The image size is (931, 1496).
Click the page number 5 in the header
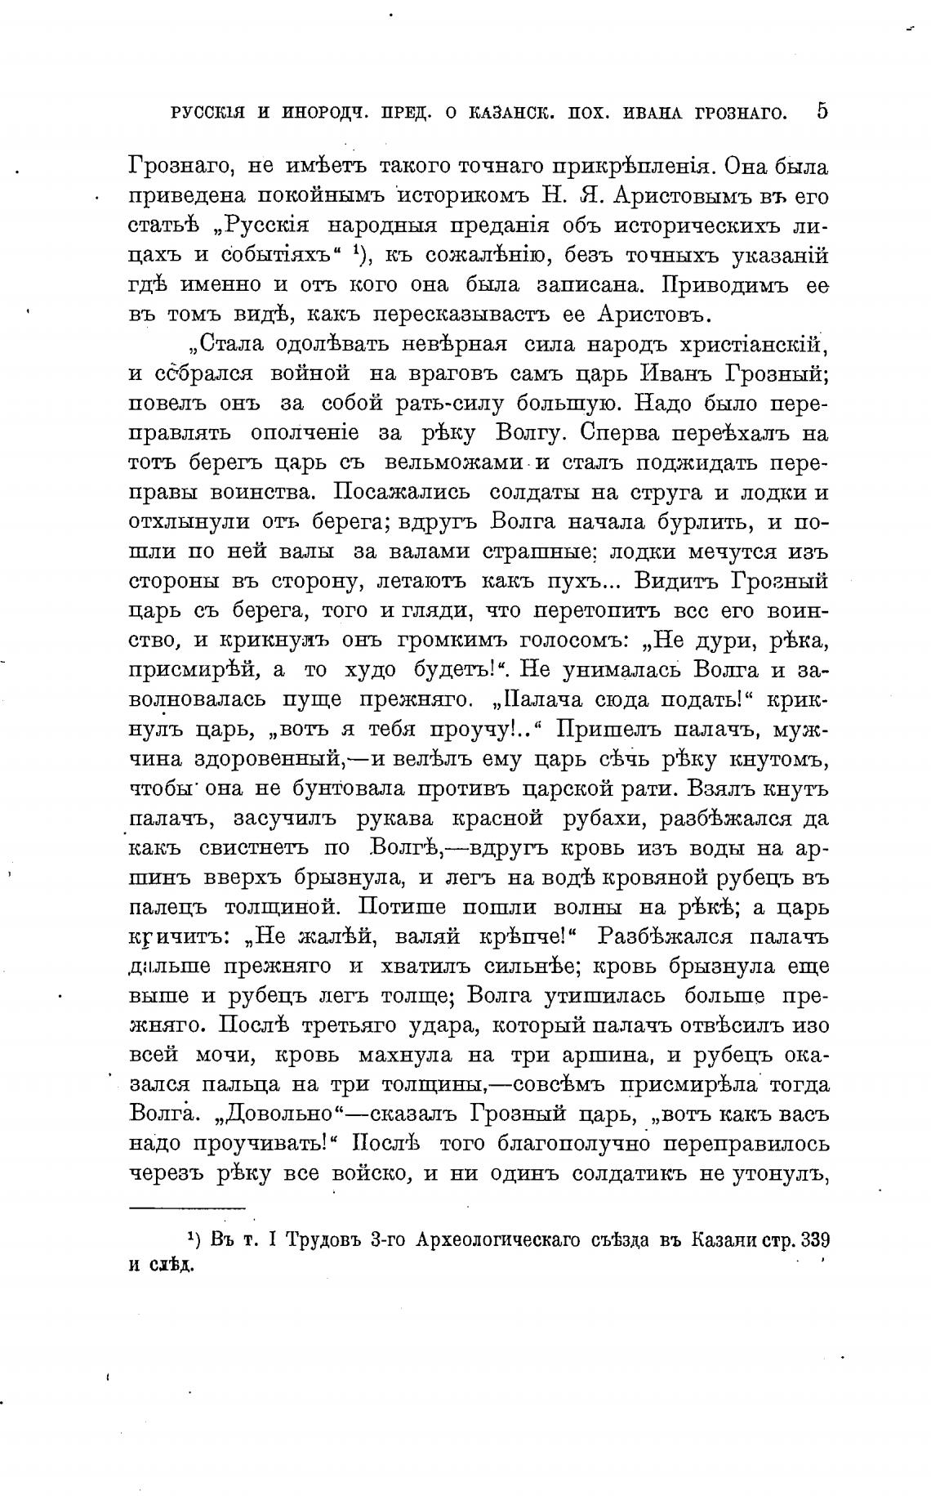pyautogui.click(x=822, y=110)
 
